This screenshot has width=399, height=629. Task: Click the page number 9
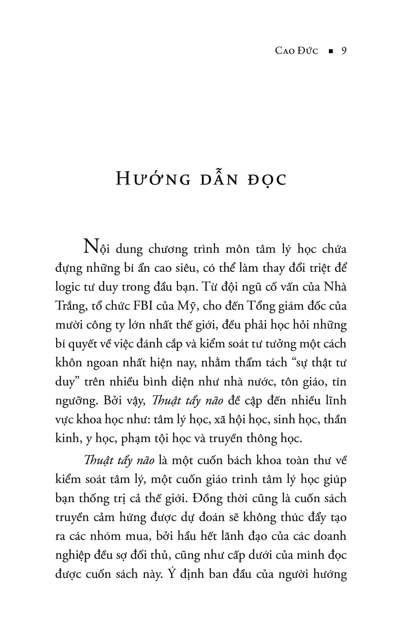(x=343, y=51)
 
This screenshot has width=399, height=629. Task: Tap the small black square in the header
(x=331, y=51)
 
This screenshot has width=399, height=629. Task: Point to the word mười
(x=68, y=325)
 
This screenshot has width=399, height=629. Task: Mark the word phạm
(x=135, y=439)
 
